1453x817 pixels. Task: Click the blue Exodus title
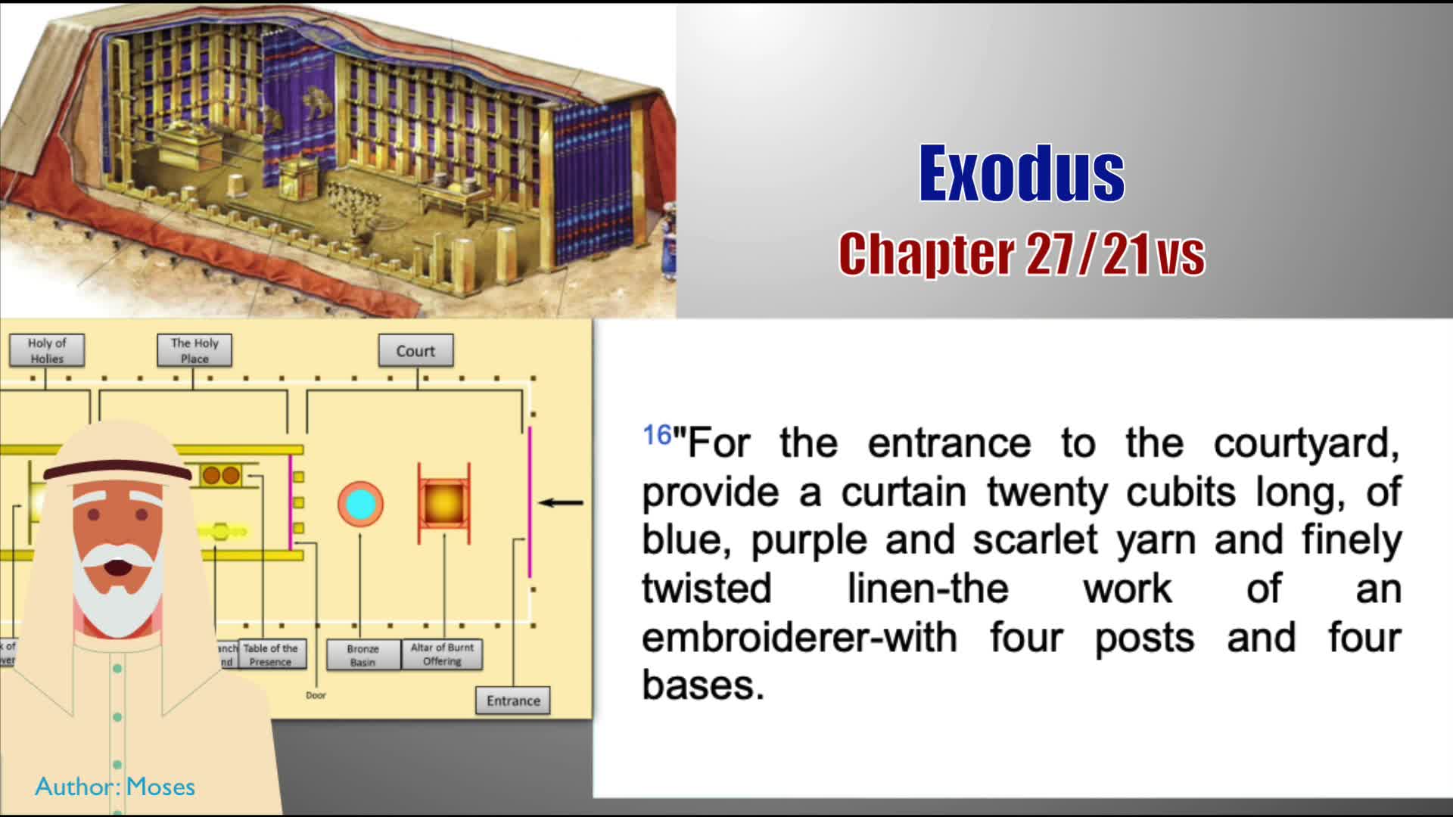1022,174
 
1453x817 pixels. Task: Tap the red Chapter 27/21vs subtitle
1022,254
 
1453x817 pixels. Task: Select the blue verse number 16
657,435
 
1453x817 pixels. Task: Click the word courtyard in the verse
1306,443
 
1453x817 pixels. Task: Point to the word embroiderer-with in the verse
799,637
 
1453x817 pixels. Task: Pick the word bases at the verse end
702,685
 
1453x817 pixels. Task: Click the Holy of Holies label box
47,350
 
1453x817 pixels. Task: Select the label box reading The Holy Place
194,350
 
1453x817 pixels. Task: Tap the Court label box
415,351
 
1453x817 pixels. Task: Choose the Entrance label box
513,701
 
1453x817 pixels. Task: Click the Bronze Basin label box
362,655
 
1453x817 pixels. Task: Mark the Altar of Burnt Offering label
442,654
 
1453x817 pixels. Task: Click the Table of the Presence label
270,655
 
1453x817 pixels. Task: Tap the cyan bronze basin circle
360,505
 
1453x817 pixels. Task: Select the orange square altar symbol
444,503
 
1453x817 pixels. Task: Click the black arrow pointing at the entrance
561,502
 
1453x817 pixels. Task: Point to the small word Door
316,695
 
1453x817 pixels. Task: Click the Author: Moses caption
115,787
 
